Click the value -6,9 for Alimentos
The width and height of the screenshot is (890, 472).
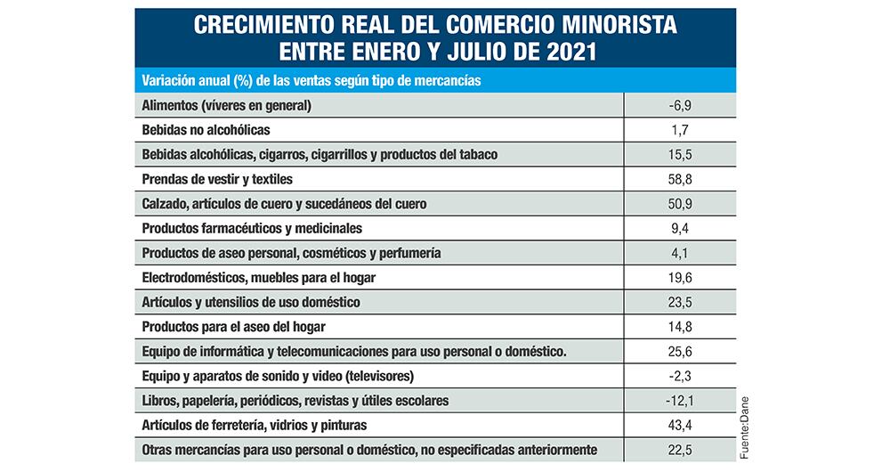click(680, 106)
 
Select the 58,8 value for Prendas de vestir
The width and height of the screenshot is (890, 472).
click(681, 179)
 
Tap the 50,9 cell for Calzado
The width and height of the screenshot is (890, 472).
click(681, 204)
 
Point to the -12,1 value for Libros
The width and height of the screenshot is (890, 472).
click(680, 400)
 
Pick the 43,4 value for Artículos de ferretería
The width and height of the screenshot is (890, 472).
click(681, 425)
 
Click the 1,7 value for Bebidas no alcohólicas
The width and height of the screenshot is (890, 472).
click(681, 130)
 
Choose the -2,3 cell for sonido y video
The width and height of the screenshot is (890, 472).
click(680, 376)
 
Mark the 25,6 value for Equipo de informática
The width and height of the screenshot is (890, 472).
click(681, 351)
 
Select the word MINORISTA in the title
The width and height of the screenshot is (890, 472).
click(618, 24)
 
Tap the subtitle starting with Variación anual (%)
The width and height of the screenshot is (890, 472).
click(311, 80)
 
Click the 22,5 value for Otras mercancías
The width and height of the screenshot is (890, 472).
click(681, 449)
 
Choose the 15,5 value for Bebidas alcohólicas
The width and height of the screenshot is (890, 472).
click(681, 155)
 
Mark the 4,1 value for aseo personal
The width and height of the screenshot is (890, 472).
click(681, 253)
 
